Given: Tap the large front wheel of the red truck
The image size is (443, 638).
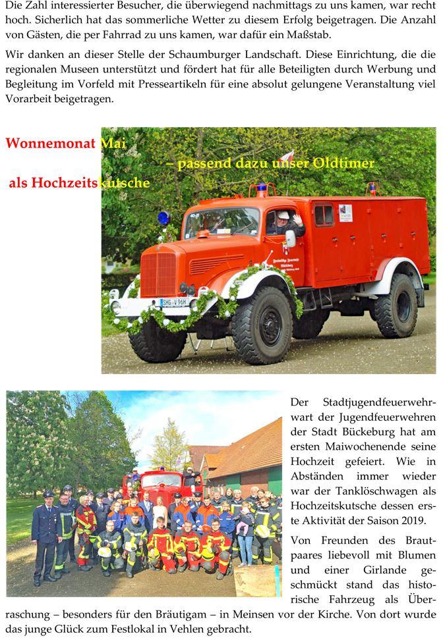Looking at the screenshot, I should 260,325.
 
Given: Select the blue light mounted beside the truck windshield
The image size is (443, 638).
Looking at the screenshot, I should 163,218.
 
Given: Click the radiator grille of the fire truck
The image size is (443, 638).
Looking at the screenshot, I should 158,273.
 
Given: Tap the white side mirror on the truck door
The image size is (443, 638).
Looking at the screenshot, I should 290,238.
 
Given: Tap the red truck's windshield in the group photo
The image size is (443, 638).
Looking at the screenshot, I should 162,481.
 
